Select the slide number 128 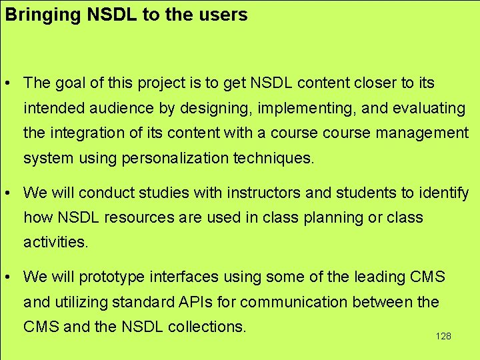(x=443, y=336)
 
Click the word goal (x=72, y=83)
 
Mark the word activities (x=55, y=243)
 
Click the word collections (x=207, y=327)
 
